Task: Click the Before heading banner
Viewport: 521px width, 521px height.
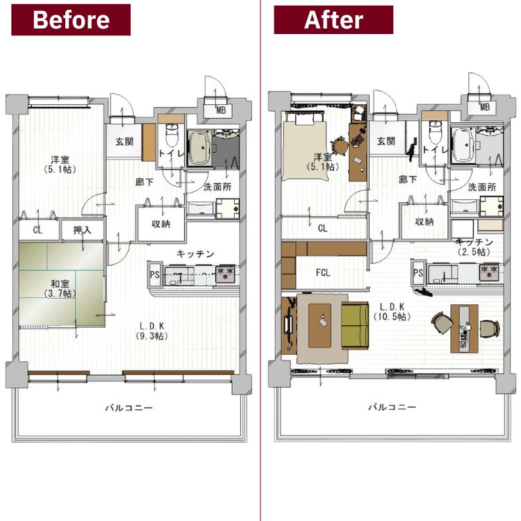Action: pos(71,19)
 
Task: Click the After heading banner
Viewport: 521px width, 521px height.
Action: pos(333,19)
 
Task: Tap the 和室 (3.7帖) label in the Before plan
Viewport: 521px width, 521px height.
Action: pos(60,288)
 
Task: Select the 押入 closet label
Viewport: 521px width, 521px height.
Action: pos(82,230)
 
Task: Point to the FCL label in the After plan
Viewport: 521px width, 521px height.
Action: pos(323,273)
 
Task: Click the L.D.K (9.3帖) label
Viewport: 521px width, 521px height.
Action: pos(151,331)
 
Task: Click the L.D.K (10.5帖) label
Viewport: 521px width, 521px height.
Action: pos(392,311)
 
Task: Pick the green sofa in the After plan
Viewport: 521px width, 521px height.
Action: pos(355,326)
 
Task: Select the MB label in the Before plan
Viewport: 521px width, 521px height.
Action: pos(221,110)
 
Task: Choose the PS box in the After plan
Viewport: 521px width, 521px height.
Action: pos(418,273)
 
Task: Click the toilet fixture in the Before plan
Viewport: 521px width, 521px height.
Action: pos(172,135)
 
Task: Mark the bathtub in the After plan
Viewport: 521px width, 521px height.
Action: pos(463,146)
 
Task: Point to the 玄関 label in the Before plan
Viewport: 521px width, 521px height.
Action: pos(124,142)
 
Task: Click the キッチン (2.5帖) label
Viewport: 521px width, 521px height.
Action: pos(474,247)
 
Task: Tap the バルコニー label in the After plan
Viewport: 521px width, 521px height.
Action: pos(392,407)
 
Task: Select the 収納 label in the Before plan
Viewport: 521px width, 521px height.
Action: pos(161,224)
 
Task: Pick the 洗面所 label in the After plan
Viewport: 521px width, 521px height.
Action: pos(482,187)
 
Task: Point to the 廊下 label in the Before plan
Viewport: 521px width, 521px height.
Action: pos(144,182)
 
